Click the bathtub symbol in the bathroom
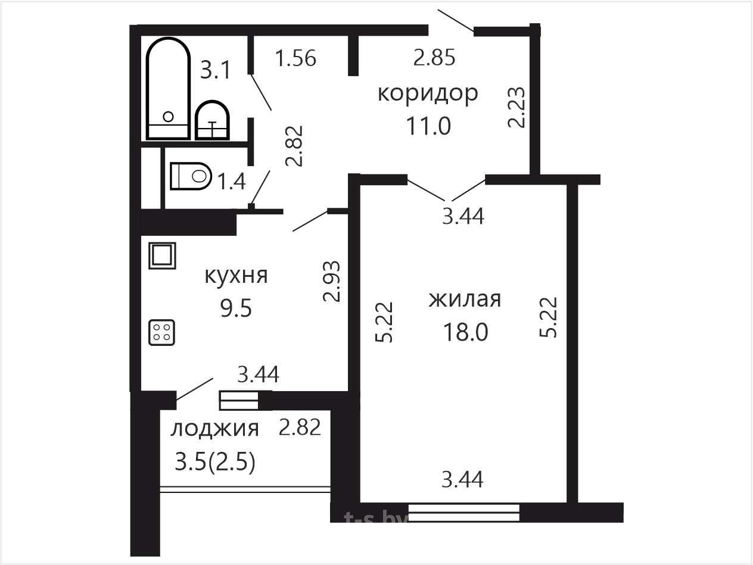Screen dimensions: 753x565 click(168, 89)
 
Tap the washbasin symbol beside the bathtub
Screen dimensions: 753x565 click(212, 120)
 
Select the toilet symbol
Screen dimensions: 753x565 click(191, 176)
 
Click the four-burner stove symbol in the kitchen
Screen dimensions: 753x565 click(161, 332)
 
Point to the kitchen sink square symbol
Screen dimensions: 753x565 click(162, 256)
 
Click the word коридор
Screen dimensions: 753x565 click(428, 93)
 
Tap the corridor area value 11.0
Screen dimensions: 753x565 click(428, 126)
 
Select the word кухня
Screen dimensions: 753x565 click(236, 276)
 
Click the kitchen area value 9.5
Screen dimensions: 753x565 click(236, 308)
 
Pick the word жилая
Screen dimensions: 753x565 click(465, 299)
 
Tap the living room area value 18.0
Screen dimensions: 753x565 click(465, 332)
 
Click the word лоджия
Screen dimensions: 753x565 click(214, 429)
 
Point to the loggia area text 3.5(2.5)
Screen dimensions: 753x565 click(215, 462)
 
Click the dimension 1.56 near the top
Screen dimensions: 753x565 click(295, 58)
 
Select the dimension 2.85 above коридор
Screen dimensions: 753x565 click(434, 57)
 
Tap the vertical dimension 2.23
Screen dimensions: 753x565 click(516, 107)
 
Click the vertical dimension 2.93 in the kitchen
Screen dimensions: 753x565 click(332, 281)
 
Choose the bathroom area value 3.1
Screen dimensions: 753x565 click(216, 70)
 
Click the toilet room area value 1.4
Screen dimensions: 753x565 click(232, 181)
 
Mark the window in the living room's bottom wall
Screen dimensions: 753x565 click(464, 513)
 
